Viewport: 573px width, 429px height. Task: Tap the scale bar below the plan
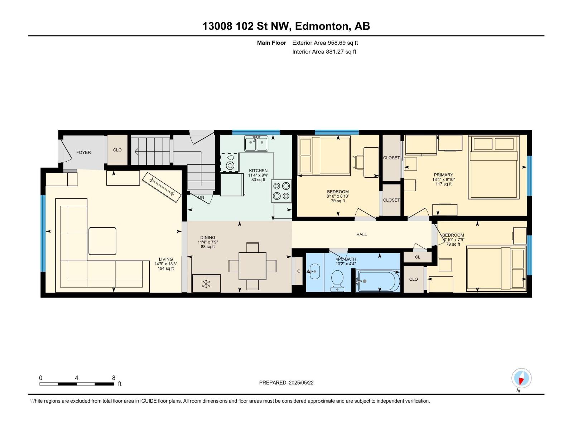pyautogui.click(x=76, y=384)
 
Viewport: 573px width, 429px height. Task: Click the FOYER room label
pyautogui.click(x=83, y=152)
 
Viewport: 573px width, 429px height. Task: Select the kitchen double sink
pyautogui.click(x=256, y=144)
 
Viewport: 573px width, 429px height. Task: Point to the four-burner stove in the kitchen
pyautogui.click(x=281, y=191)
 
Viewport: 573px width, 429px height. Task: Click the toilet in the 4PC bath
pyautogui.click(x=337, y=279)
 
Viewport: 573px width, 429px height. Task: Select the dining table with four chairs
pyautogui.click(x=252, y=266)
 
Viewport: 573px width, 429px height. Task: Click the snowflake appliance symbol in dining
pyautogui.click(x=206, y=284)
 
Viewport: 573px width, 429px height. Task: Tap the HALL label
pyautogui.click(x=361, y=235)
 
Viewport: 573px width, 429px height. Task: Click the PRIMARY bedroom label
pyautogui.click(x=443, y=175)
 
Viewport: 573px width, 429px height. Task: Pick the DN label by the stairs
pyautogui.click(x=201, y=197)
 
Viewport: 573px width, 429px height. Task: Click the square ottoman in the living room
pyautogui.click(x=102, y=241)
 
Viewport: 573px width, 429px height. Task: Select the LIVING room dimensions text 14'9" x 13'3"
pyautogui.click(x=166, y=264)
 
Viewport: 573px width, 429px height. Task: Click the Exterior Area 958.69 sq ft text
pyautogui.click(x=325, y=43)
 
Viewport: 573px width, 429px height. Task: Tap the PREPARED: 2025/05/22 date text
pyautogui.click(x=286, y=383)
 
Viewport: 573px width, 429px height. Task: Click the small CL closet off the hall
pyautogui.click(x=418, y=257)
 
